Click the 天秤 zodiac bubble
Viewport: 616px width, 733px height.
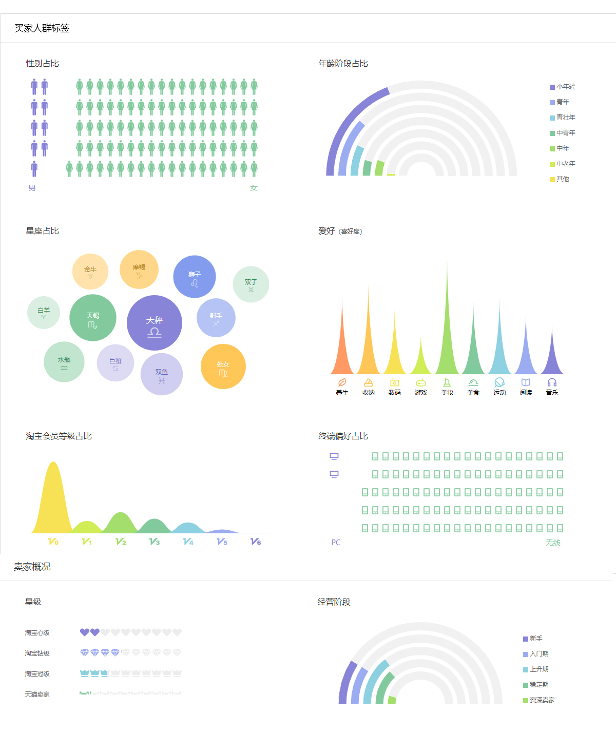coord(155,323)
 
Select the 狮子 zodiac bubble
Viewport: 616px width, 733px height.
coord(195,277)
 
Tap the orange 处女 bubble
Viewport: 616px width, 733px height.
coord(223,366)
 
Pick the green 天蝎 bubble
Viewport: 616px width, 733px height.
coord(93,318)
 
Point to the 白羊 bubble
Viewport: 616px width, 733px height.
coord(44,313)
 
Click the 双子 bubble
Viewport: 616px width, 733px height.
coord(251,284)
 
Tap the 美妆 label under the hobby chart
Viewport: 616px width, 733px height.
coord(447,393)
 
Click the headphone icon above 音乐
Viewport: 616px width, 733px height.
coord(552,382)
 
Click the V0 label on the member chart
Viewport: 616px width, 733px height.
coord(53,542)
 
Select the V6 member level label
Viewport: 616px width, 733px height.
coord(256,542)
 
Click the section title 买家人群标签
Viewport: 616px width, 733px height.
coord(42,28)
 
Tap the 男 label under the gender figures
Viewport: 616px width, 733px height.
coord(32,188)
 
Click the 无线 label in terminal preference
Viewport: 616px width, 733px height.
coord(553,543)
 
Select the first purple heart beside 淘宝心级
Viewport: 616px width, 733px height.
coord(85,632)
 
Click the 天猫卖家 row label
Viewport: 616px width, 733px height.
coord(37,695)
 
